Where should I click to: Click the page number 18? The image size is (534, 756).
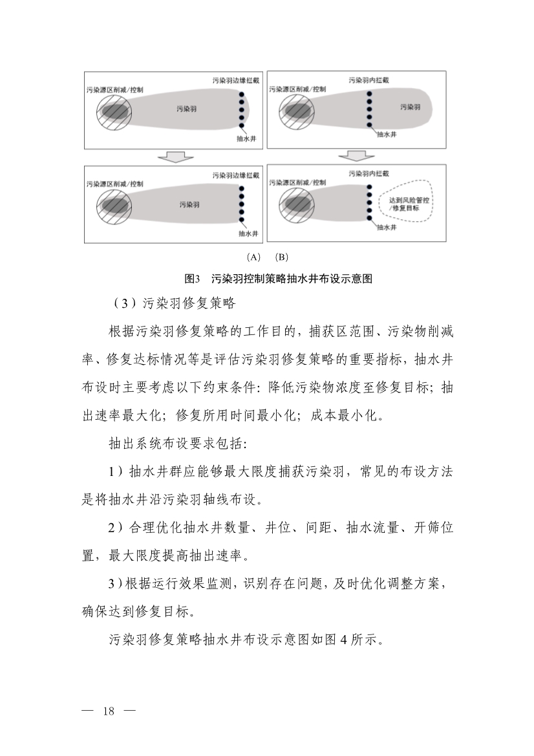point(109,711)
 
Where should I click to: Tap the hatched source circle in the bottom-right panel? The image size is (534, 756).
point(296,206)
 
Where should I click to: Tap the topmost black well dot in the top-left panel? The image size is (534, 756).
point(242,96)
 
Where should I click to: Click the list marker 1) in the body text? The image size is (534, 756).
point(116,472)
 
